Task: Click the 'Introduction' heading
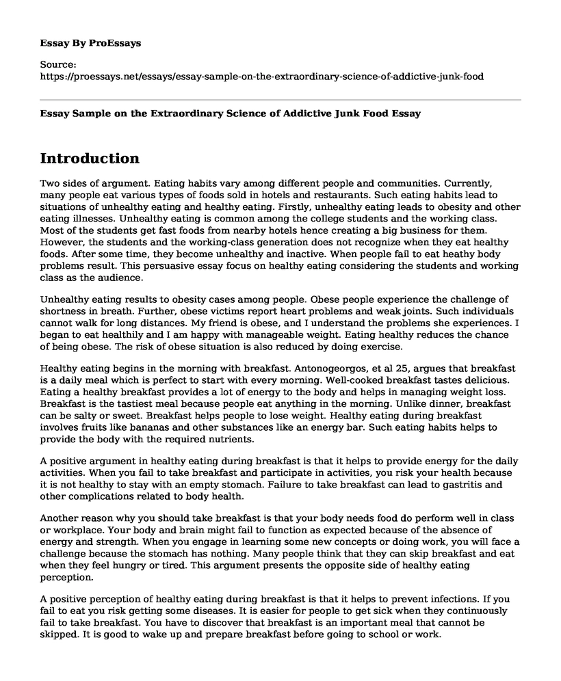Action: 90,159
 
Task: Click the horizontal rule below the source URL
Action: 280,101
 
